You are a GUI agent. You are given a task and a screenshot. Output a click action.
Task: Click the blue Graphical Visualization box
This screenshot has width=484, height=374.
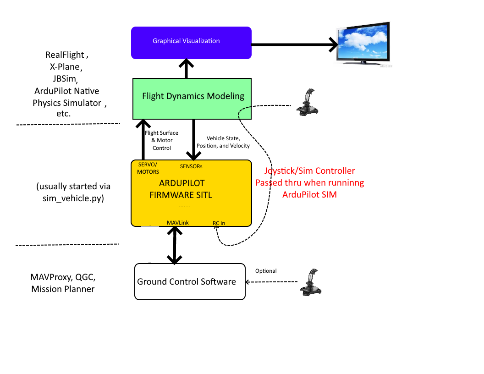(191, 43)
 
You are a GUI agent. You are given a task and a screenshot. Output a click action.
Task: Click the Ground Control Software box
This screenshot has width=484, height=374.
(190, 282)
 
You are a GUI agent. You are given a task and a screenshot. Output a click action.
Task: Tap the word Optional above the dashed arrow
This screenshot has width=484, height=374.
(266, 271)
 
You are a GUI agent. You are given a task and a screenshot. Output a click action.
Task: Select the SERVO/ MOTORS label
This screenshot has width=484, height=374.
(148, 168)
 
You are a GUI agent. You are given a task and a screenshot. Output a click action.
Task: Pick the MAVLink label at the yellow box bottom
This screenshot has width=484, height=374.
(178, 223)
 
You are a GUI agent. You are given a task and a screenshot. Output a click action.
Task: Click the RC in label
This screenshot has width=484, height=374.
(219, 223)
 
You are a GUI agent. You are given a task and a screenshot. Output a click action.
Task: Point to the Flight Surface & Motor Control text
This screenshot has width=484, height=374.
(161, 141)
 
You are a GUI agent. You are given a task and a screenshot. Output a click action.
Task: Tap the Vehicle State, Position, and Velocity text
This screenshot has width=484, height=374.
(223, 142)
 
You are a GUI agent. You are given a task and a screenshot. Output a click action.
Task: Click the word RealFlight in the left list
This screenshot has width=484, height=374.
(65, 55)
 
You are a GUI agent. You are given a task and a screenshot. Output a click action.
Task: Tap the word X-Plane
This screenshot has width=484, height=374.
(65, 67)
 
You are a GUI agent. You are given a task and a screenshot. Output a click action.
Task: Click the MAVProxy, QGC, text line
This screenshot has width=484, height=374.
(63, 277)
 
